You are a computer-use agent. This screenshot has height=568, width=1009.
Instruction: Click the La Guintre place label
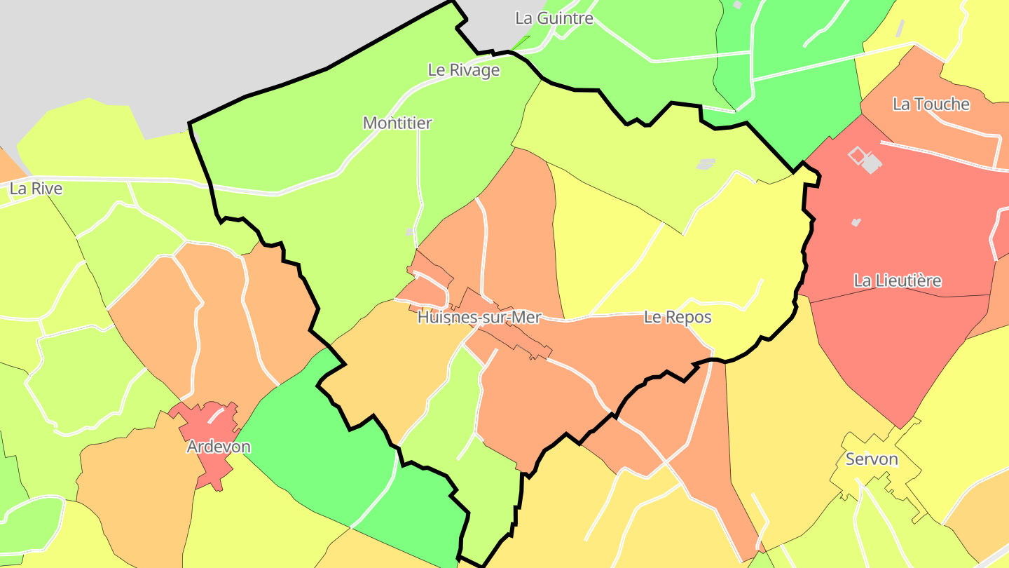[x=554, y=18]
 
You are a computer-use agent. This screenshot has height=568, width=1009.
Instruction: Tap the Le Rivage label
[x=464, y=70]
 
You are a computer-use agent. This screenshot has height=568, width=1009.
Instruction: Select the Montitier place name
[x=397, y=123]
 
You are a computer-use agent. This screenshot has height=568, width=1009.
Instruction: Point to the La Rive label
[x=36, y=189]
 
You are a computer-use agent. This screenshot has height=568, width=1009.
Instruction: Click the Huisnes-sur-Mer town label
[x=479, y=318]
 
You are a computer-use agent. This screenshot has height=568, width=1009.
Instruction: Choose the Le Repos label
[x=678, y=318]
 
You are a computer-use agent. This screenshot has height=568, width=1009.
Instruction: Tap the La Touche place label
[x=931, y=104]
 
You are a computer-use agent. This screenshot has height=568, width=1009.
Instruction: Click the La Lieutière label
[x=897, y=281]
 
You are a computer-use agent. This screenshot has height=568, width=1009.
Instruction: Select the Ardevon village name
[x=219, y=447]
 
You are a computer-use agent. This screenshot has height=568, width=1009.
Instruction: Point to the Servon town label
[x=872, y=459]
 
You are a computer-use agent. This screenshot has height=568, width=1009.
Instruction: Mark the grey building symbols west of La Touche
[x=865, y=160]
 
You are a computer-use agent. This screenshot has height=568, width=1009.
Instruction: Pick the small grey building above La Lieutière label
[x=856, y=222]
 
